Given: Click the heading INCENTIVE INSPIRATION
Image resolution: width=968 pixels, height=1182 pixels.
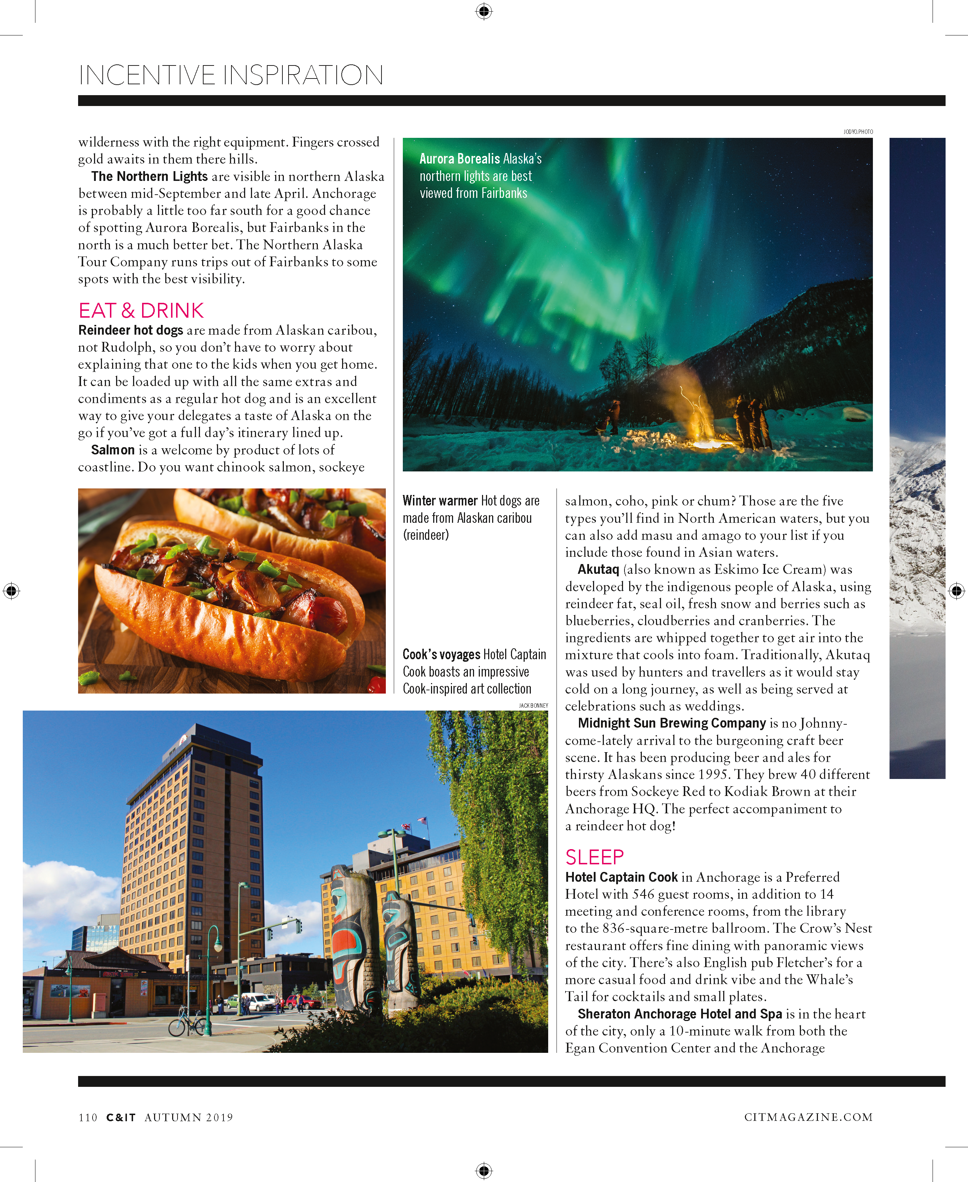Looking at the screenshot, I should coord(231,75).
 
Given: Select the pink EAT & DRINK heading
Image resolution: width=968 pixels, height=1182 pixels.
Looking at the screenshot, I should coord(141,311).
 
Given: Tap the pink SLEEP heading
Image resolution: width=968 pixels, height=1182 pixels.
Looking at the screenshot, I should coord(594,857).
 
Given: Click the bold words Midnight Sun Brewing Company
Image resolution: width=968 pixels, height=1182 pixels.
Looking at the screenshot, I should coord(671,724).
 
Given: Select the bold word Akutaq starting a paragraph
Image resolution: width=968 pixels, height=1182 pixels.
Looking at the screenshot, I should coord(598,569).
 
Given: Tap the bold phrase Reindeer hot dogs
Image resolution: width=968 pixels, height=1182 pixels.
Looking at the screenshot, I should coord(131,330).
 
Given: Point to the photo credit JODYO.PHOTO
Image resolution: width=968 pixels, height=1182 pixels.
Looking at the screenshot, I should coord(858,132).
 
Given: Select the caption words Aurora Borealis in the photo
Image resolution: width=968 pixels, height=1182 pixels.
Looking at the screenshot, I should coord(460,159).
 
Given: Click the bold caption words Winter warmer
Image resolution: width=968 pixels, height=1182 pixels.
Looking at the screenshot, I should coord(440,501).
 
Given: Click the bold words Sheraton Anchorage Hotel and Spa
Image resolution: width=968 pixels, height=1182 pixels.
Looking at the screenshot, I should coord(680,1014).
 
